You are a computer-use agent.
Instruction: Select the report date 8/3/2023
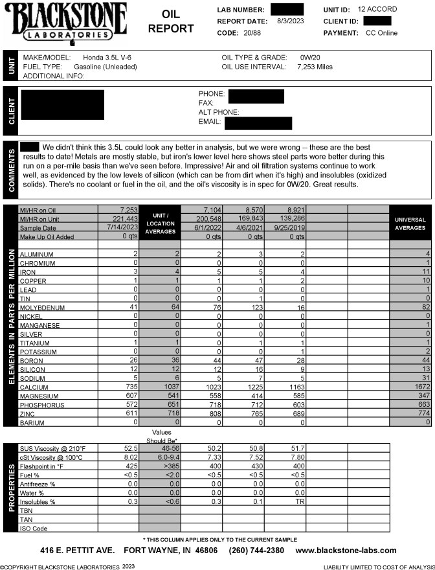pyautogui.click(x=289, y=21)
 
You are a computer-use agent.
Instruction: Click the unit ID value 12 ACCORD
pyautogui.click(x=377, y=10)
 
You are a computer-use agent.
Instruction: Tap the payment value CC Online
pyautogui.click(x=381, y=32)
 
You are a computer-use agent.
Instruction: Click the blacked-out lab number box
pyautogui.click(x=287, y=10)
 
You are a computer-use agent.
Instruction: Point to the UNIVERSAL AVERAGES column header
pyautogui.click(x=410, y=223)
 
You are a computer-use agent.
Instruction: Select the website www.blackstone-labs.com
pyautogui.click(x=346, y=551)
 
